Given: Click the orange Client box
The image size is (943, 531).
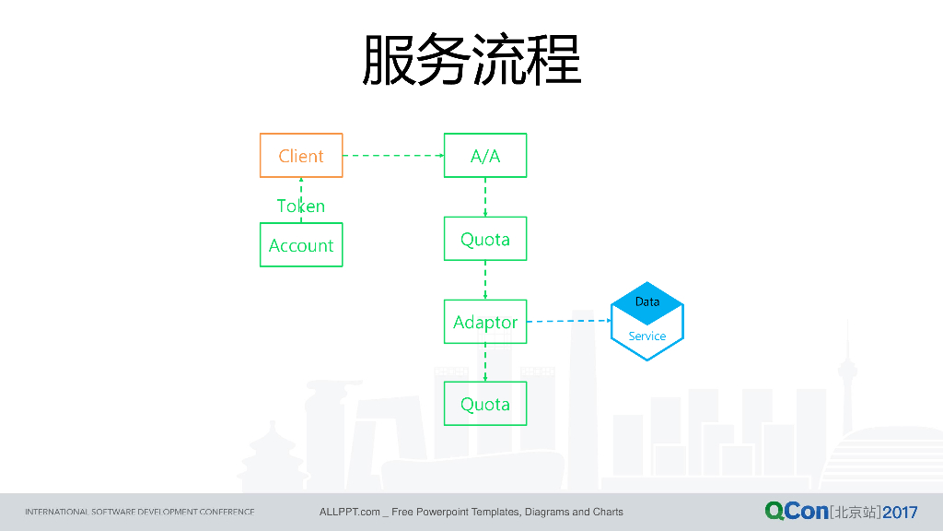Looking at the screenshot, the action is [x=301, y=156].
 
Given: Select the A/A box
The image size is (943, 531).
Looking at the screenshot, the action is [x=485, y=156].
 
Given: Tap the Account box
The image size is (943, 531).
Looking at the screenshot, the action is [x=301, y=245].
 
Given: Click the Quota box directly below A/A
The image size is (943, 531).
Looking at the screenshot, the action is [x=485, y=239].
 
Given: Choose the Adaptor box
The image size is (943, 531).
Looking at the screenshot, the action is [x=485, y=322].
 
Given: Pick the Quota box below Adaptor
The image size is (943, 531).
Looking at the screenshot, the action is [x=485, y=404].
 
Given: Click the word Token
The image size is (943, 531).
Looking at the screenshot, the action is [x=301, y=206].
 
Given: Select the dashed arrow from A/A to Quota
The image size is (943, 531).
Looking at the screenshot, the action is [x=485, y=196].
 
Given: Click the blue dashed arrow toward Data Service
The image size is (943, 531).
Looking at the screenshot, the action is [x=568, y=322].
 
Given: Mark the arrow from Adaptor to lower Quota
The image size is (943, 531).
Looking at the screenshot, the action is [x=485, y=362].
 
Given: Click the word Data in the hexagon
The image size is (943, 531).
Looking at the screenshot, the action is [x=647, y=302].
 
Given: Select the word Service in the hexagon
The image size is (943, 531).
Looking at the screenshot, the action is [x=647, y=336].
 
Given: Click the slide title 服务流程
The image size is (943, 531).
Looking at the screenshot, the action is [x=471, y=60].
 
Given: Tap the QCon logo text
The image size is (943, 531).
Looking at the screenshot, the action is [x=796, y=511].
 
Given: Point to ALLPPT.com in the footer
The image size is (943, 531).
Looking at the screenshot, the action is [x=349, y=512].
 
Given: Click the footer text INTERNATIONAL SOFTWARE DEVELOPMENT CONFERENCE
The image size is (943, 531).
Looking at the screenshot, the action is [x=140, y=512].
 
